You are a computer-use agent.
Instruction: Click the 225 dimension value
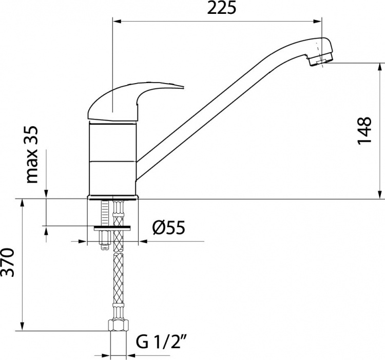coord(221,8)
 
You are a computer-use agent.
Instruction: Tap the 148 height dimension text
coord(364,131)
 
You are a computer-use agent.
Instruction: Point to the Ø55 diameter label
coord(168,228)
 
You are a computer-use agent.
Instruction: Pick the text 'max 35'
coord(32,154)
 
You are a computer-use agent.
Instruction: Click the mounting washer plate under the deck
coord(112,228)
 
